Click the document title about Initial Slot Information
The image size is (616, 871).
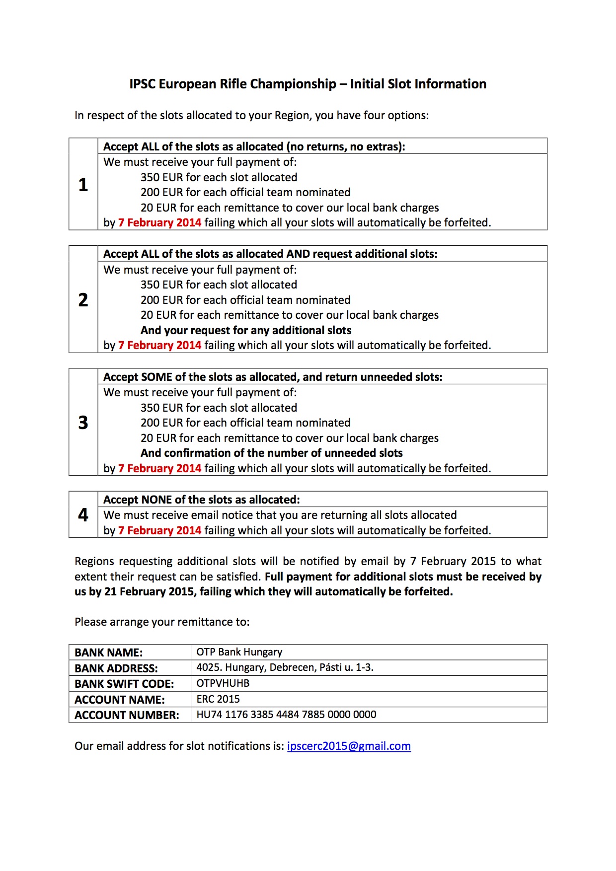[308, 84]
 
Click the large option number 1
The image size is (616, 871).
[83, 185]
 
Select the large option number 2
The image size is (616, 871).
[83, 299]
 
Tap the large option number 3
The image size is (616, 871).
[83, 423]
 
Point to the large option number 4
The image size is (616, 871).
[83, 515]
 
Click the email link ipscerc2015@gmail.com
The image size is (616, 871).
[349, 746]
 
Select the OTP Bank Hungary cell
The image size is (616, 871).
[239, 652]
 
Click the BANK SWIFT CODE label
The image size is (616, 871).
[124, 684]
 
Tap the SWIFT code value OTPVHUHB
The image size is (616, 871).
[223, 683]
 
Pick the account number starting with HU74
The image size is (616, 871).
[286, 715]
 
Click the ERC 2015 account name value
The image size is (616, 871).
[218, 699]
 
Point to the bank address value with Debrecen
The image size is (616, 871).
[285, 667]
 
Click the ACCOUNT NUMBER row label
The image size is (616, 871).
[127, 715]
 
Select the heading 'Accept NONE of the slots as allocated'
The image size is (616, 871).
[201, 500]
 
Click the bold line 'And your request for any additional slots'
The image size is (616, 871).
[246, 330]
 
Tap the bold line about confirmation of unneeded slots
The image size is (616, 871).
[271, 453]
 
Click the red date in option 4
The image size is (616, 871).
[159, 530]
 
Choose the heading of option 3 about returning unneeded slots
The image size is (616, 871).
[273, 377]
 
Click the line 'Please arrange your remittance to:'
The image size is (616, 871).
[162, 622]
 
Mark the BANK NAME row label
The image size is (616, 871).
[108, 653]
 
